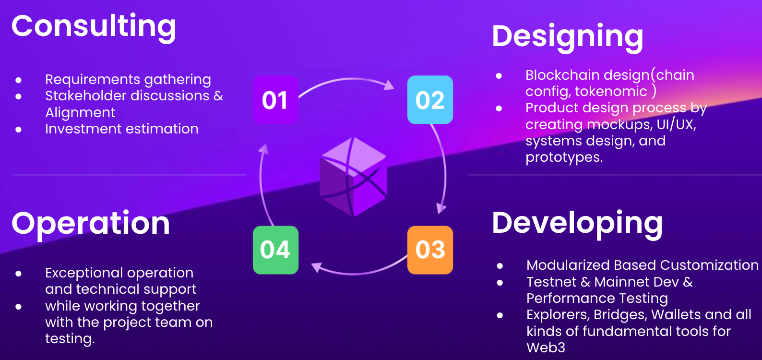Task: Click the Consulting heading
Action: (x=94, y=27)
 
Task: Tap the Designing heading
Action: (x=567, y=37)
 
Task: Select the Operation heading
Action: (x=91, y=225)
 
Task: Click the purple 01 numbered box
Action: (x=275, y=100)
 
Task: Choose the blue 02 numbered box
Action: (x=430, y=100)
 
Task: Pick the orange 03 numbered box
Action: (x=430, y=250)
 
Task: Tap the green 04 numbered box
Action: (x=275, y=250)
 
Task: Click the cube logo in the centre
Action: (x=353, y=177)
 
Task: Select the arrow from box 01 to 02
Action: (x=350, y=79)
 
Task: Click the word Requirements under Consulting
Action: (x=93, y=80)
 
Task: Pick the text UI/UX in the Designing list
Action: (x=676, y=124)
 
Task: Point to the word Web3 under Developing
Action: (x=546, y=348)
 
